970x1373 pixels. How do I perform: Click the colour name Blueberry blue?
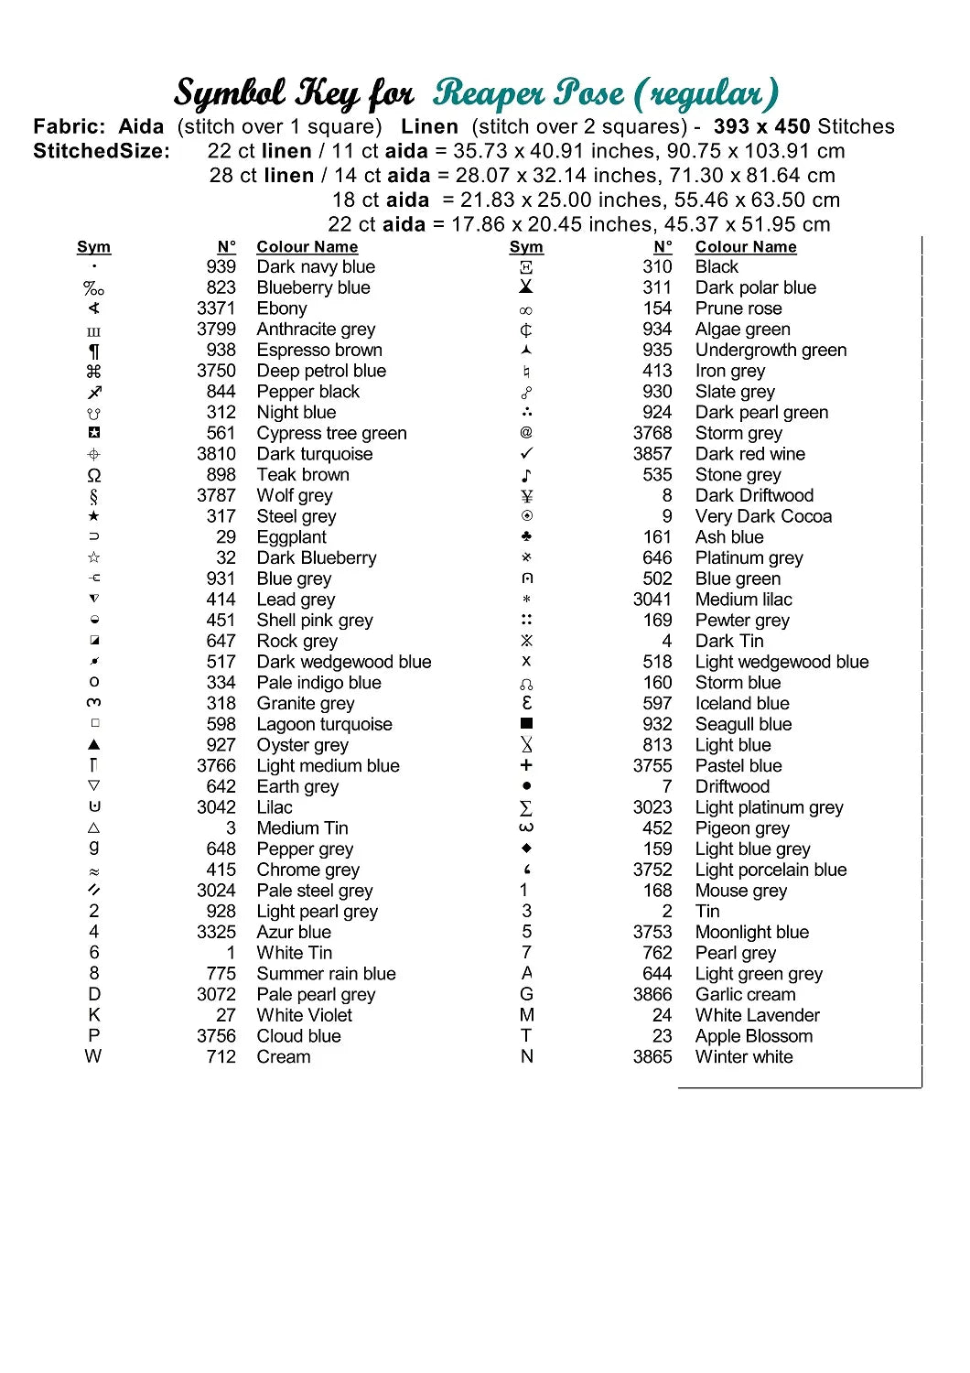tap(313, 287)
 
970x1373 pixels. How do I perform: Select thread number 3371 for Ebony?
tap(216, 308)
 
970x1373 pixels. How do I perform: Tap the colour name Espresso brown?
tap(319, 350)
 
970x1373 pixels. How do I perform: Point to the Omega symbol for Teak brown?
tap(94, 475)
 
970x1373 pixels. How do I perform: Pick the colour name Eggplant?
tap(291, 537)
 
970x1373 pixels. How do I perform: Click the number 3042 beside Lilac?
tap(216, 807)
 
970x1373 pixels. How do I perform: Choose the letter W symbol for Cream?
tap(93, 1056)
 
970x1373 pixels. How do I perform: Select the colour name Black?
tap(717, 266)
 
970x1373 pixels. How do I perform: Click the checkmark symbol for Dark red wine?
tap(526, 454)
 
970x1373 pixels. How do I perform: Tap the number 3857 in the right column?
tap(652, 454)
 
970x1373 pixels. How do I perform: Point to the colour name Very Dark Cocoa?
tap(763, 516)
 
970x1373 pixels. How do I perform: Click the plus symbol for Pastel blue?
tap(526, 765)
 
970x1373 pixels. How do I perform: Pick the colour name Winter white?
tap(744, 1057)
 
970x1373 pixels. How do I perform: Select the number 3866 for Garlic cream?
tap(652, 994)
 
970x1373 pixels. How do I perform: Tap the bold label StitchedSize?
tap(102, 151)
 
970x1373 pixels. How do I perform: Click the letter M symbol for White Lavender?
tap(527, 1015)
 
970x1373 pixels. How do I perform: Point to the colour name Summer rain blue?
tap(326, 974)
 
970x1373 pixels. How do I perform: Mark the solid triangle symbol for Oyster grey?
tap(94, 745)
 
